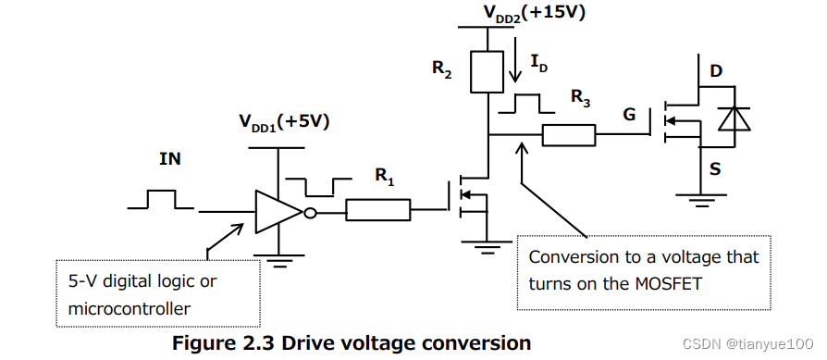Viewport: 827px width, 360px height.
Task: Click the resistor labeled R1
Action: tap(378, 211)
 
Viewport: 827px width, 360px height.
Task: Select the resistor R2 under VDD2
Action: tap(486, 72)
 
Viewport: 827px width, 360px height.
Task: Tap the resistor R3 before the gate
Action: tap(569, 135)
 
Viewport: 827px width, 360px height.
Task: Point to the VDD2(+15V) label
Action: tap(535, 12)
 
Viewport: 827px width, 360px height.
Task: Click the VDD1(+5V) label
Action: tap(284, 122)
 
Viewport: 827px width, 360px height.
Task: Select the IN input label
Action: tap(170, 159)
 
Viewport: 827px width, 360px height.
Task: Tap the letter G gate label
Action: tap(629, 115)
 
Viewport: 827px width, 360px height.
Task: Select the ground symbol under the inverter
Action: tap(278, 260)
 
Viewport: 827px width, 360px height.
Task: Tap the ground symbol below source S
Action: tap(700, 196)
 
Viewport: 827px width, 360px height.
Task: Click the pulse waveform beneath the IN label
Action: tap(159, 198)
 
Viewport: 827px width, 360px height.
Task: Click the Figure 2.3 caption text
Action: tap(352, 343)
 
